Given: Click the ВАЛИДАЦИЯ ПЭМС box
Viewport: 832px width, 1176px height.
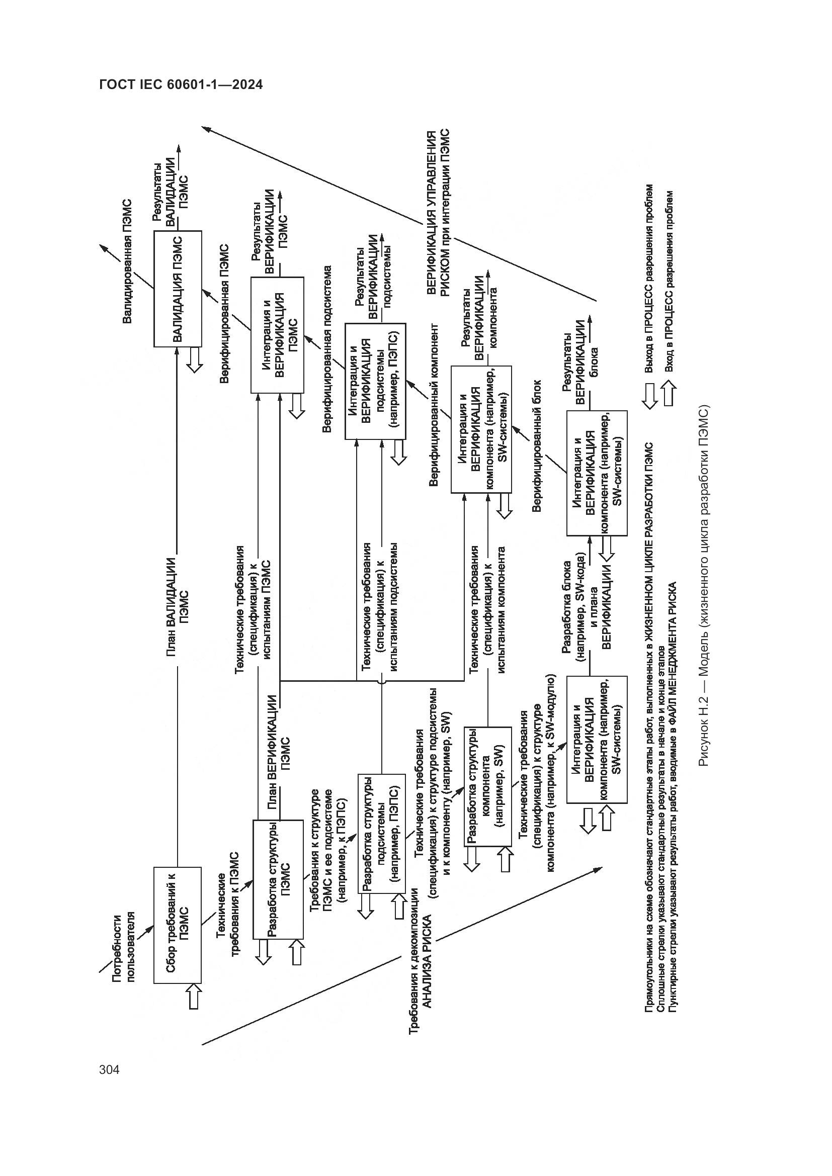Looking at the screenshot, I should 178,289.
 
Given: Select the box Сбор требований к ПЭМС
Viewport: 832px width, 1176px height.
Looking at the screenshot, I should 178,925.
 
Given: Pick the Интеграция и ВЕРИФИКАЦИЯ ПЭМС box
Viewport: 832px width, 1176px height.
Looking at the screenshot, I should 277,335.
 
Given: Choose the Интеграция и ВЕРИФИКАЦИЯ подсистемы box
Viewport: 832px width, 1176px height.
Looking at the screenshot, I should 376,381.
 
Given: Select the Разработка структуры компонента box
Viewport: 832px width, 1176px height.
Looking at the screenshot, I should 487,786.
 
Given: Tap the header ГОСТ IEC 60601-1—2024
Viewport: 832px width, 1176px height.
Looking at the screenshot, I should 181,85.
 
